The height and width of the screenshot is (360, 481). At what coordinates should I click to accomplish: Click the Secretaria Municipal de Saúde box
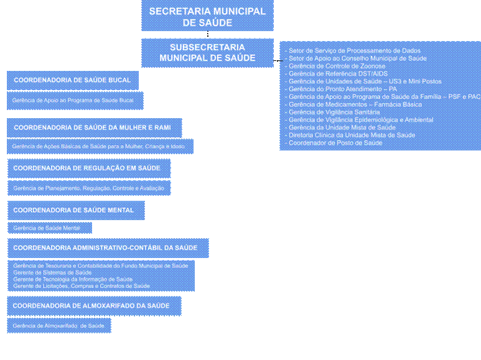click(207, 17)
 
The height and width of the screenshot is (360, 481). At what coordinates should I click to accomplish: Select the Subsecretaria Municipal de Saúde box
click(207, 52)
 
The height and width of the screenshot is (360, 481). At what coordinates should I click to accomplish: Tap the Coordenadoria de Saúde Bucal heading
click(72, 80)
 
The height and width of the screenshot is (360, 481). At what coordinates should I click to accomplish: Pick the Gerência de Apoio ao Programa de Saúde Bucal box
click(74, 100)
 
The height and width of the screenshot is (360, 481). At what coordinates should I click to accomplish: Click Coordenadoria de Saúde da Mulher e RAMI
click(95, 127)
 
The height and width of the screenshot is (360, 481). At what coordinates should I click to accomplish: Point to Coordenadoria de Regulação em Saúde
click(88, 168)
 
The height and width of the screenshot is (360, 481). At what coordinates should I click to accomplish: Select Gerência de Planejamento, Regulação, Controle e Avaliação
click(88, 188)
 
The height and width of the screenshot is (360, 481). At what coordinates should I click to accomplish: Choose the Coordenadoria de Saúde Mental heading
click(75, 210)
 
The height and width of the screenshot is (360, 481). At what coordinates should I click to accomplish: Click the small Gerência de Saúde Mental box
click(49, 228)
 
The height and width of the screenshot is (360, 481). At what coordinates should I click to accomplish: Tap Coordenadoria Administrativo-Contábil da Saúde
click(107, 247)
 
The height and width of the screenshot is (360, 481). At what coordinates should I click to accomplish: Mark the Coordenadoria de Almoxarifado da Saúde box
click(93, 306)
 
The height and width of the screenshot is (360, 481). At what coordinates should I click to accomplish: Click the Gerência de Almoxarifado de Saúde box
click(59, 325)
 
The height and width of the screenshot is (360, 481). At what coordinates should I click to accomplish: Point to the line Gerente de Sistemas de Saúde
click(52, 272)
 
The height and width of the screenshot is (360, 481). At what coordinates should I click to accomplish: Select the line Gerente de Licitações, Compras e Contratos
click(82, 286)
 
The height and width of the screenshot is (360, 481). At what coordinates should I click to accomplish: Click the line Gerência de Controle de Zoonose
click(337, 66)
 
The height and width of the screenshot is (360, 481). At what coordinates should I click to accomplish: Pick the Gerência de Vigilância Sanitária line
click(334, 112)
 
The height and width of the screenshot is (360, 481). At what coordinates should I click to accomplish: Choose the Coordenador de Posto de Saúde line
click(335, 143)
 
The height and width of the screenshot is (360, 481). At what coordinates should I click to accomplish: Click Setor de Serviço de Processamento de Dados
click(355, 50)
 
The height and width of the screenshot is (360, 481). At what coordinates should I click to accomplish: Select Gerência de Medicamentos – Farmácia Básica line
click(355, 104)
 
